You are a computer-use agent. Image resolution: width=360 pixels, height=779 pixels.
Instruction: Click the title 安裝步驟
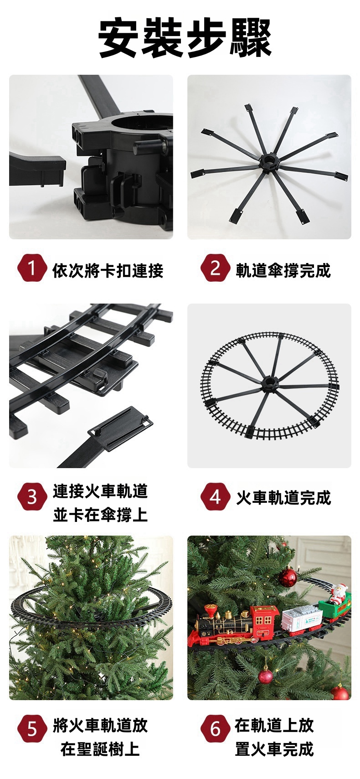point(185,38)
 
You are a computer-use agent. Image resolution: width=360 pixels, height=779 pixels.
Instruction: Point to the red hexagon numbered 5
point(32,728)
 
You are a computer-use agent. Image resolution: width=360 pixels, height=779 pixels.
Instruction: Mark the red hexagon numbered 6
point(215,728)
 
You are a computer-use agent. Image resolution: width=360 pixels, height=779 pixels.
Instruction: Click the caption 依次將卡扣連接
point(108,271)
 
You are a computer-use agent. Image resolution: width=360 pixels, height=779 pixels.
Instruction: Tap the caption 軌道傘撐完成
point(283,271)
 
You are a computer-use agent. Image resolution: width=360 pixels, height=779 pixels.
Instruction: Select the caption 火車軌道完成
point(283,498)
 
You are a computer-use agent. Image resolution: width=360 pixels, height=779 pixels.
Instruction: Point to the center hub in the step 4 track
point(270,384)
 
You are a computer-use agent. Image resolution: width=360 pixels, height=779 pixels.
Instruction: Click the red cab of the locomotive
point(264,621)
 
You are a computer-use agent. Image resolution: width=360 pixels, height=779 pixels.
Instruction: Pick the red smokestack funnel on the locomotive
point(211,612)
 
